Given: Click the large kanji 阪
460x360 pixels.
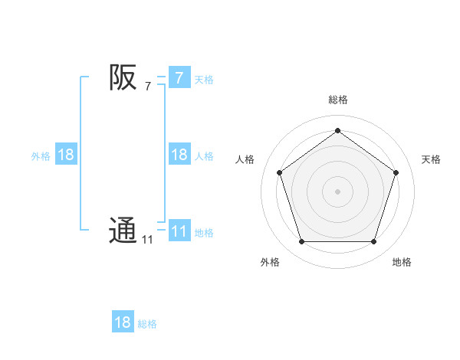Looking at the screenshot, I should click(123, 77).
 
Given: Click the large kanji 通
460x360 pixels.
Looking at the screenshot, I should click(123, 231).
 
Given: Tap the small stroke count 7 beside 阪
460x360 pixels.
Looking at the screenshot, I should click(148, 87).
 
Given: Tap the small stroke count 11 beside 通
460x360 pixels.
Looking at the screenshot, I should click(147, 240).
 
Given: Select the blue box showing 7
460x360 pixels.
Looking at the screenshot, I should click(179, 78).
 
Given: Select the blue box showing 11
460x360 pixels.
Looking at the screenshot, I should click(179, 231).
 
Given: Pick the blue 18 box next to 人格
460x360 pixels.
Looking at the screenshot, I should click(179, 155).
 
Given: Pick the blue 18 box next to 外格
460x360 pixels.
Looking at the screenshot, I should click(66, 155).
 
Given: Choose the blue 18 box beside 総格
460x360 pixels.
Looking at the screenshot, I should click(123, 322).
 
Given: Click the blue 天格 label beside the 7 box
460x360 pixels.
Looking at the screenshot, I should click(204, 80).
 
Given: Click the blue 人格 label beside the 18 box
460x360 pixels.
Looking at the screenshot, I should click(204, 156).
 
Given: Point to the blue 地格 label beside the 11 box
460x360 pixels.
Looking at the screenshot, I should click(204, 233).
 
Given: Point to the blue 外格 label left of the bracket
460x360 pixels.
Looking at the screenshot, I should click(41, 156).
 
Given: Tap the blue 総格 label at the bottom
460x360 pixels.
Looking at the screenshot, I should click(147, 324).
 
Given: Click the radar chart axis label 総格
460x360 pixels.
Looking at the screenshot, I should click(337, 100).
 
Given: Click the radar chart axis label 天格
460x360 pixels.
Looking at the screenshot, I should click(431, 159).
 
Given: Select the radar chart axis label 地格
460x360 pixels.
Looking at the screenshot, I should click(402, 262).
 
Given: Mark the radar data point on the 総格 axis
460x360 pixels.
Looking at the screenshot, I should click(337, 130).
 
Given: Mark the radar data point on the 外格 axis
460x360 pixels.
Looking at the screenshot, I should click(301, 242).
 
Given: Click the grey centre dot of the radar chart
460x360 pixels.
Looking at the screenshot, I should click(337, 191).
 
